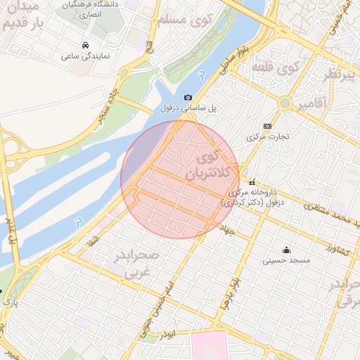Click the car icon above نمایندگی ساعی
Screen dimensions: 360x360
point(85,46)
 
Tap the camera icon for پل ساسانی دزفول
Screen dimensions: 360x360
point(188,98)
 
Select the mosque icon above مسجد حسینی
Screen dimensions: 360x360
point(286,250)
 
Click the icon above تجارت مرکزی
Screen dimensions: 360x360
point(266,124)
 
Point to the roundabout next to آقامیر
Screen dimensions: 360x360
point(285,103)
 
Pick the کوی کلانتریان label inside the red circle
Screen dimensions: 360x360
point(211,163)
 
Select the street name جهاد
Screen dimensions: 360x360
point(226,231)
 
